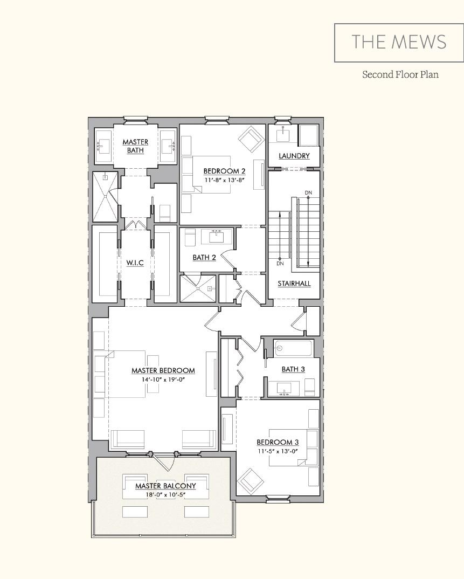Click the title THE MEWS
(x=399, y=42)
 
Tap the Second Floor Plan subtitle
(x=400, y=74)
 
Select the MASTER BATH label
(x=135, y=146)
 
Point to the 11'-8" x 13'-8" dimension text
(x=224, y=180)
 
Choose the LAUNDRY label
(x=294, y=156)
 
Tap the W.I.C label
(x=135, y=263)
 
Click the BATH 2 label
(x=204, y=257)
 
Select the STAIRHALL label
(x=294, y=283)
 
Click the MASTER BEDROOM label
(x=163, y=370)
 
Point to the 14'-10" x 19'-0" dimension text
(x=163, y=379)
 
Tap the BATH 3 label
(x=293, y=369)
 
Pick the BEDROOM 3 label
(x=278, y=442)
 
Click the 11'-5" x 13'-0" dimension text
(x=278, y=451)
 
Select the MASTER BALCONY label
(x=165, y=486)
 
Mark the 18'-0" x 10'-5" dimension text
(x=165, y=494)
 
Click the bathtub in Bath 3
(x=293, y=348)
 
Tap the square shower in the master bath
(x=105, y=196)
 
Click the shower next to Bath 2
(x=198, y=289)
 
